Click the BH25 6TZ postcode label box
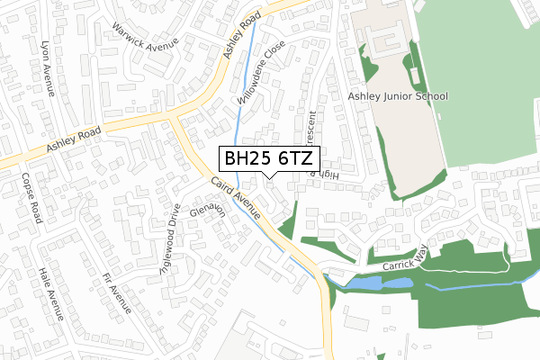[x=269, y=157]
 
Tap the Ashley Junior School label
[x=398, y=95]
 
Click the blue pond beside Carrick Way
[x=378, y=283]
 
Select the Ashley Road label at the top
[x=242, y=36]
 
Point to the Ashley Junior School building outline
[x=385, y=40]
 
